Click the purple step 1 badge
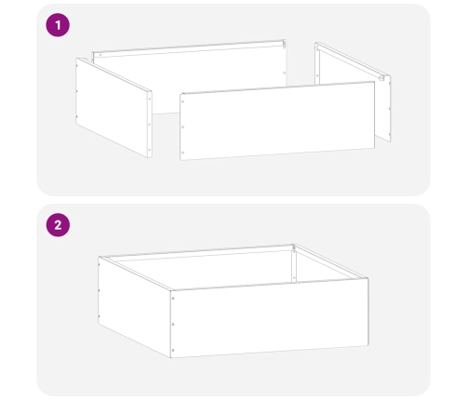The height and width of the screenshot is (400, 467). click(x=59, y=25)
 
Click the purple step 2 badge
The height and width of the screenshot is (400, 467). click(x=59, y=225)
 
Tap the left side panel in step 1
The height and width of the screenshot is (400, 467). click(x=112, y=106)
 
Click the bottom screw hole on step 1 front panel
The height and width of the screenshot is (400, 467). click(x=184, y=151)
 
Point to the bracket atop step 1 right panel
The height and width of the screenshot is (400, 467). click(x=381, y=78)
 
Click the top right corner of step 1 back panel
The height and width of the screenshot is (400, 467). click(x=284, y=41)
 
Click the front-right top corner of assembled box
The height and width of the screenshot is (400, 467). click(x=367, y=277)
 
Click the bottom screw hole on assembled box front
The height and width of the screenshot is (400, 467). click(x=173, y=349)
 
